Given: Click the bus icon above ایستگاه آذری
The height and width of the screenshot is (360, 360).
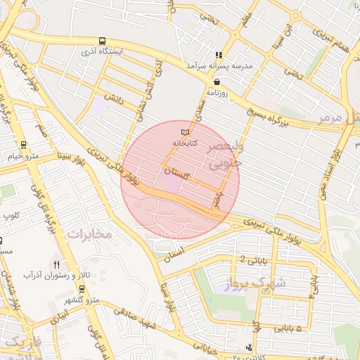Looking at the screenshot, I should click(x=103, y=41).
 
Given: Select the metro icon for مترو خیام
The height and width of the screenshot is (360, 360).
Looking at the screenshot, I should click(x=23, y=146).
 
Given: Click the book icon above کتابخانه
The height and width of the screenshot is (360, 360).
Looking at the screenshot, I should click(x=186, y=132).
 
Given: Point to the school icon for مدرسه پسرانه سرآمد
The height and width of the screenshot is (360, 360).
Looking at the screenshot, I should click(x=219, y=54).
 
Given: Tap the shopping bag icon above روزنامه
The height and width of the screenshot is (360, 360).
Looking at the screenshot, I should click(x=216, y=82).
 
